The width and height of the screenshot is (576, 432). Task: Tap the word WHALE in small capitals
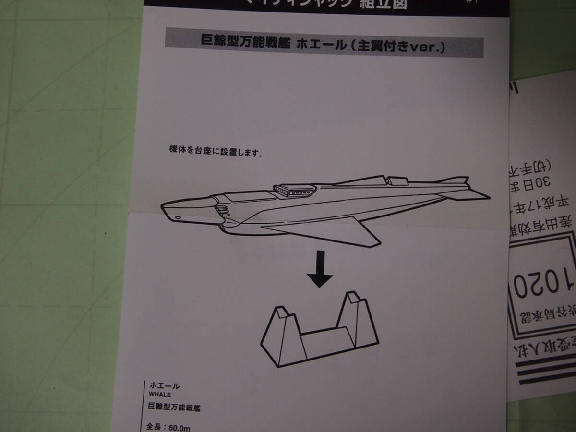tap(159, 395)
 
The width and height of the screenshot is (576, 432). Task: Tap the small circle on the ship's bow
tap(178, 217)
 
